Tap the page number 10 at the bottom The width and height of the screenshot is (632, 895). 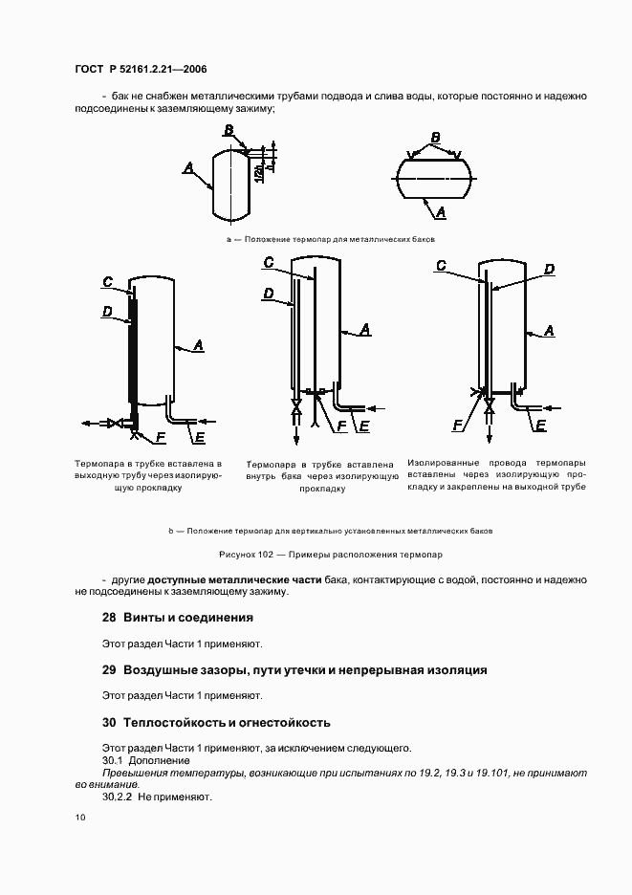[x=79, y=818]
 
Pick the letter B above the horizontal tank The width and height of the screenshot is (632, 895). [x=435, y=138]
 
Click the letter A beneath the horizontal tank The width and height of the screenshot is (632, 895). [x=442, y=210]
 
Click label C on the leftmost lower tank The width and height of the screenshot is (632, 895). [x=108, y=281]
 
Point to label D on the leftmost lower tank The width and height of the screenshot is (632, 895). [x=107, y=311]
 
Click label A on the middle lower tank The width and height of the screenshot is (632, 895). [x=366, y=329]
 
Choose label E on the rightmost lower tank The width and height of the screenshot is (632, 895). [x=541, y=426]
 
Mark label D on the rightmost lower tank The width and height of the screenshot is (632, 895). [x=549, y=270]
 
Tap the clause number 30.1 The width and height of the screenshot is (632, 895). [x=113, y=759]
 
